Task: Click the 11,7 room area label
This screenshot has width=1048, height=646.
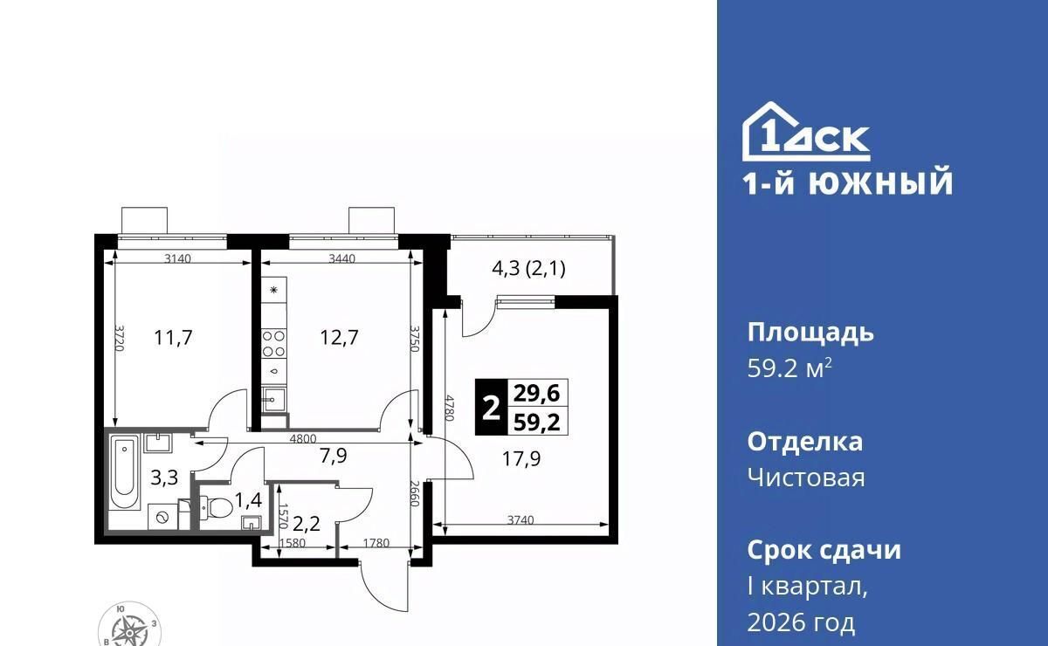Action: coord(173,337)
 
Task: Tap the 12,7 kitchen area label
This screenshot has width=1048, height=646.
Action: coord(339,337)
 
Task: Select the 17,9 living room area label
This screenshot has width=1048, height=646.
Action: coord(521,459)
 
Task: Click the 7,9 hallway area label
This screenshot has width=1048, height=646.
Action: coord(334,455)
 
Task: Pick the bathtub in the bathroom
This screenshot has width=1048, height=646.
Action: coord(125,472)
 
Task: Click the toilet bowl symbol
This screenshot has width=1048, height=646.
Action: coord(217,507)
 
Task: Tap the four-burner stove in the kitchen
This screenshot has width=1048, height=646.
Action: coord(273,343)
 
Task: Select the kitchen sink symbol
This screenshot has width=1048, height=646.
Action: coord(273,400)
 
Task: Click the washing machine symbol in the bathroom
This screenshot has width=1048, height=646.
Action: coord(162,517)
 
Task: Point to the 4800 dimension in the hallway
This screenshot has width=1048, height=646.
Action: coord(303,439)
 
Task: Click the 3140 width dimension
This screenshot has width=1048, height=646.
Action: coord(178,258)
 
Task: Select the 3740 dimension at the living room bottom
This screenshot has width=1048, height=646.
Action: coord(521,519)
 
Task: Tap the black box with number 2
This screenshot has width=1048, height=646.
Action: coord(491,407)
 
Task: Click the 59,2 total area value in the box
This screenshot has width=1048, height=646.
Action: coord(537,422)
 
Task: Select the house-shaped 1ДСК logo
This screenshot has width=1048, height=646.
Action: coord(806,132)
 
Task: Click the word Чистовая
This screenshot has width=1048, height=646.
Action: coord(806,478)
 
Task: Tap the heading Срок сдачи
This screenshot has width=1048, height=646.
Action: coord(824,550)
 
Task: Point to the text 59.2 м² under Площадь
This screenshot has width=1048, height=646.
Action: coord(789,368)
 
